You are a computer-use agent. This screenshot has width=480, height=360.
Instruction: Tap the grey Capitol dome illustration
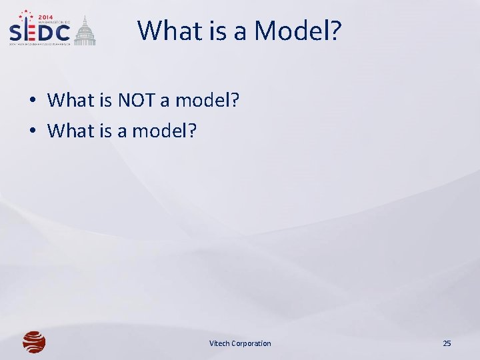(x=85, y=31)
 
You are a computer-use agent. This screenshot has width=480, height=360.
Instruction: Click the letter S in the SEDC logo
(x=17, y=33)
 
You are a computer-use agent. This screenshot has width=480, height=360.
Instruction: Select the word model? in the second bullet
(x=165, y=131)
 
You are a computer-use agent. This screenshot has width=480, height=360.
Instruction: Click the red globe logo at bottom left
(x=34, y=343)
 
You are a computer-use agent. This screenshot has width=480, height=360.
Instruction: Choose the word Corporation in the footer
(x=252, y=343)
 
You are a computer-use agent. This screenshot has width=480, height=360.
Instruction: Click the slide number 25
(x=447, y=343)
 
